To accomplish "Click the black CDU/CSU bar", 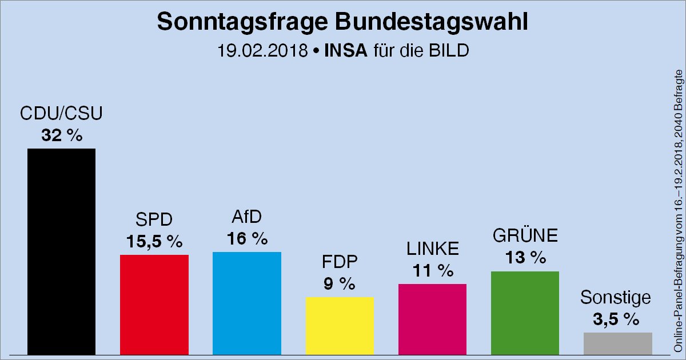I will point(61,251).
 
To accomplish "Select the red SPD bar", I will point(154,304).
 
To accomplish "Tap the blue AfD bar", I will point(246,303).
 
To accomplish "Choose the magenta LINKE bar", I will point(432,319).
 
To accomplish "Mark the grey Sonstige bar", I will point(617,343).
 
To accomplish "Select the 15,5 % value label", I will point(154,241).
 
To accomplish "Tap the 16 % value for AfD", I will point(247,238).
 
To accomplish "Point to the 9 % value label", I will point(340,283).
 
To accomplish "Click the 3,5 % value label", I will point(616,319).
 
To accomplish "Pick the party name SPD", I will point(154,220).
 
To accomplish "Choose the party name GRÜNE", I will point(525,237).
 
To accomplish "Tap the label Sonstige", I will point(616,298).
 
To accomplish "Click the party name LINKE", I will point(433,249).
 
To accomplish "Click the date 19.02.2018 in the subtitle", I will point(262,51).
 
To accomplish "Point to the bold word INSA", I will point(345,51).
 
